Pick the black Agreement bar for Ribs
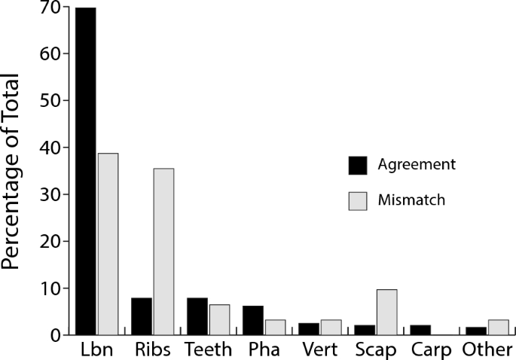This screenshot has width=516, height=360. pyautogui.click(x=142, y=316)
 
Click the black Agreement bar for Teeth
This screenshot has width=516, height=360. pyautogui.click(x=197, y=316)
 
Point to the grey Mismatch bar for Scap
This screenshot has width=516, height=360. pyautogui.click(x=386, y=312)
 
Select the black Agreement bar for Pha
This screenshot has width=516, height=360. pyautogui.click(x=253, y=320)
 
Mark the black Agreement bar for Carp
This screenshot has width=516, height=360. pyautogui.click(x=420, y=330)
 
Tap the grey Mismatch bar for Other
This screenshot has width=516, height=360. pyautogui.click(x=498, y=327)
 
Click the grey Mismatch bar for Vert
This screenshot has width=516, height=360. pyautogui.click(x=331, y=327)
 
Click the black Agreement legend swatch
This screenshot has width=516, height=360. pyautogui.click(x=356, y=165)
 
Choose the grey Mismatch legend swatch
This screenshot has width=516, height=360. pyautogui.click(x=356, y=202)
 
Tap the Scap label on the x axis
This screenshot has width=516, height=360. pyautogui.click(x=375, y=351)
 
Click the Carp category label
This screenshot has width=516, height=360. pyautogui.click(x=432, y=351)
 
